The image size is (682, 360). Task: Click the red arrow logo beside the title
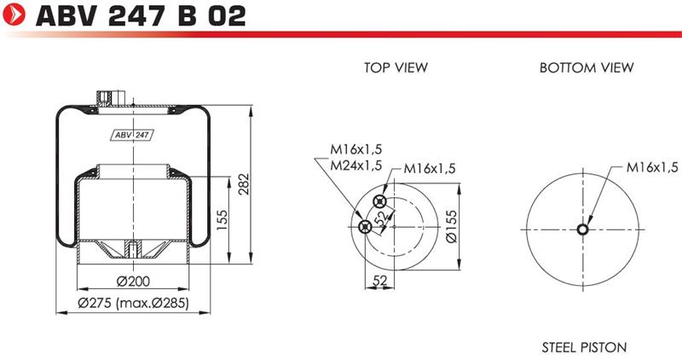point(14,15)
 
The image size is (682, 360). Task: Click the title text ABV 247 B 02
point(141,16)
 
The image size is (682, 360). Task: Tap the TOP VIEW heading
point(396,67)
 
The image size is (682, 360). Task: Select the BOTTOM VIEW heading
point(587,67)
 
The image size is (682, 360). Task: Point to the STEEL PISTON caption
point(584,347)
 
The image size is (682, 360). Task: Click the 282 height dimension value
point(244,183)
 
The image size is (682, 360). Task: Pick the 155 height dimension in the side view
point(222,220)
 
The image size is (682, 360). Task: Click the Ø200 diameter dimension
point(133,282)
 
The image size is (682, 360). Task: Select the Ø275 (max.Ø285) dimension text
point(134,303)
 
